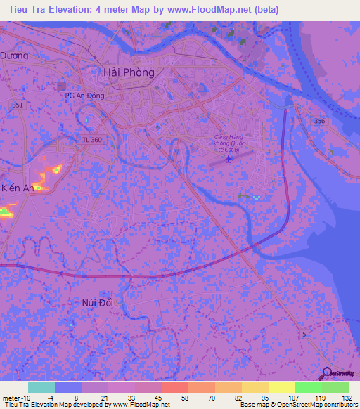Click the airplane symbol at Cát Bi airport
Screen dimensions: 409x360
228,160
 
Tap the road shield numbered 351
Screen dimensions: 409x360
18,104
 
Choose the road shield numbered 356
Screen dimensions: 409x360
320,121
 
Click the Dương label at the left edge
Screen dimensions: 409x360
14,56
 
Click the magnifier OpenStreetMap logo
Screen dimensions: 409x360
328,372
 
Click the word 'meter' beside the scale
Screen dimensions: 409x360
11,397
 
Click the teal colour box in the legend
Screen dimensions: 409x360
41,387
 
